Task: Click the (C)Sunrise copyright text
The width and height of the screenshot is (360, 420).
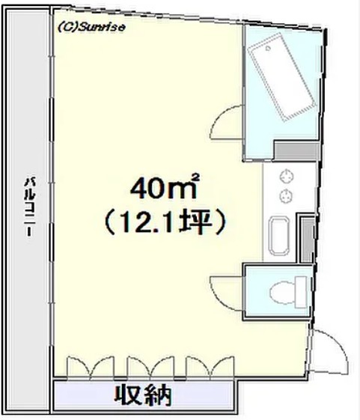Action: tap(91, 27)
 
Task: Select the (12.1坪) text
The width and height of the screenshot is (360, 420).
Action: tap(165, 223)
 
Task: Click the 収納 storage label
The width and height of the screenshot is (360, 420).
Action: tap(143, 395)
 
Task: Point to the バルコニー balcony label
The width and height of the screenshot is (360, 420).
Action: tap(29, 206)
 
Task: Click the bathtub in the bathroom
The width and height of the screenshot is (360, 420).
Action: tap(281, 77)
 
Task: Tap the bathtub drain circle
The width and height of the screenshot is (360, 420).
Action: tap(268, 49)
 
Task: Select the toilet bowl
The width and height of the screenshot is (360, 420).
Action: tap(281, 292)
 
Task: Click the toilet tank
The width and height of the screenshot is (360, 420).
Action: tap(301, 292)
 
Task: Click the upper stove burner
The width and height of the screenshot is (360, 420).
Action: tap(287, 177)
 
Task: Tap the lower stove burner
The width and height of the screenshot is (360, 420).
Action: tap(287, 195)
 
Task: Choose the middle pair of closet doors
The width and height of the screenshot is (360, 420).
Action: tap(150, 368)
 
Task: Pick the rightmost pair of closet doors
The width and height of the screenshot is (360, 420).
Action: tap(210, 368)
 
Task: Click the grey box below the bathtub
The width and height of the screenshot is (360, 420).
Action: tap(296, 150)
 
